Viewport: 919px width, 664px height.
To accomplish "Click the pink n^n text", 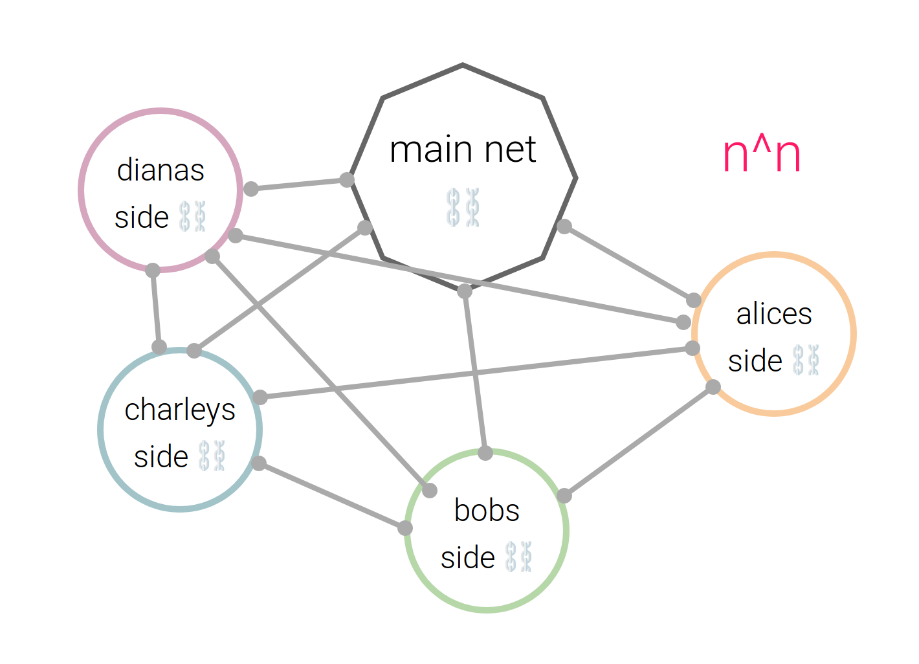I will tap(762, 155).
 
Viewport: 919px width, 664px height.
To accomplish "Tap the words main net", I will tap(463, 149).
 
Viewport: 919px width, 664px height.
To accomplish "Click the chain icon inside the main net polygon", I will tap(463, 207).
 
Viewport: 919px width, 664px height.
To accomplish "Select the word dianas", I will tap(161, 170).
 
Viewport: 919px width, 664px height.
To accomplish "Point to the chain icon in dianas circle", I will tap(192, 216).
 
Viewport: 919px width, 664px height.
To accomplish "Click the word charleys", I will tap(180, 410).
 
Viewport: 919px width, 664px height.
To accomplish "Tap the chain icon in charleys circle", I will tap(212, 456).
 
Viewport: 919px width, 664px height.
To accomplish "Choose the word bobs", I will tap(487, 510).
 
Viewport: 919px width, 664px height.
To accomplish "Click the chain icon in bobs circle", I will tap(518, 557).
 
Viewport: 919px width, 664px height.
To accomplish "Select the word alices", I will tap(774, 315).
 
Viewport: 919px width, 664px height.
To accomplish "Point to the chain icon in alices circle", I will tap(806, 360).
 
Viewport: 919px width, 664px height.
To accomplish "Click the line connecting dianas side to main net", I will tap(299, 184).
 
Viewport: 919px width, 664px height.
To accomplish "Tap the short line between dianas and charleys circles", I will tap(156, 309).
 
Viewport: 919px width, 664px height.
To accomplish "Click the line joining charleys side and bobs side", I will tap(331, 496).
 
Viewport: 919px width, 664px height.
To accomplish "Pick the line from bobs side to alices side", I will tap(639, 441).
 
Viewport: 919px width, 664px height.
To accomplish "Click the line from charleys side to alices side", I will tap(476, 373).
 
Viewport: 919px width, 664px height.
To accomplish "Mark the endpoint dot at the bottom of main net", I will tap(465, 291).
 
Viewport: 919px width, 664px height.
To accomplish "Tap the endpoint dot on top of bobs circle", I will tap(485, 453).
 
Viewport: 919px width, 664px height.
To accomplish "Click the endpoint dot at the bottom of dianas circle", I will tap(153, 270).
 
